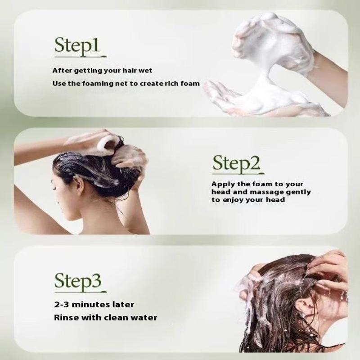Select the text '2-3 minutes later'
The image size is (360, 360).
pos(94,305)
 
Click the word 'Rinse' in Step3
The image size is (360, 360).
pos(66,318)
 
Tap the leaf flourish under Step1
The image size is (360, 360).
pos(104,55)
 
